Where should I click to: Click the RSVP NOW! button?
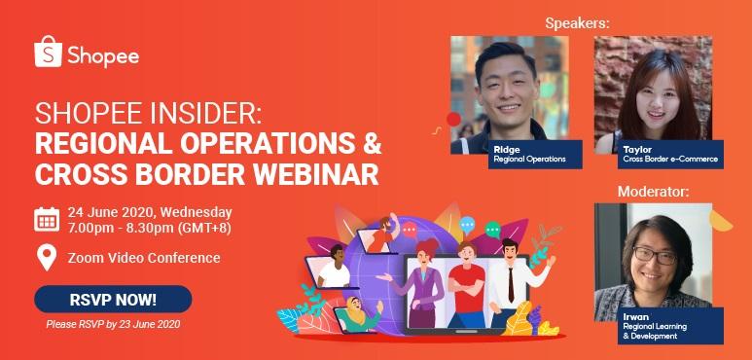[x=113, y=299]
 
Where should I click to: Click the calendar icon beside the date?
[x=47, y=219]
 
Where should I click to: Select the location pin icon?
[x=46, y=258]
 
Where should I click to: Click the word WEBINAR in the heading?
[x=312, y=175]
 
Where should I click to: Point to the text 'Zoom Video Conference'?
[x=144, y=258]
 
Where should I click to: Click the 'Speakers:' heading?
[x=578, y=22]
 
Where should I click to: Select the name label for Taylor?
[x=638, y=149]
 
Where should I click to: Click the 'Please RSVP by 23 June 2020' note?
[x=113, y=323]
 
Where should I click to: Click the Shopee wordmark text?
[x=103, y=55]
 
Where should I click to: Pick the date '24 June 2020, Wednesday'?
[x=149, y=211]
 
